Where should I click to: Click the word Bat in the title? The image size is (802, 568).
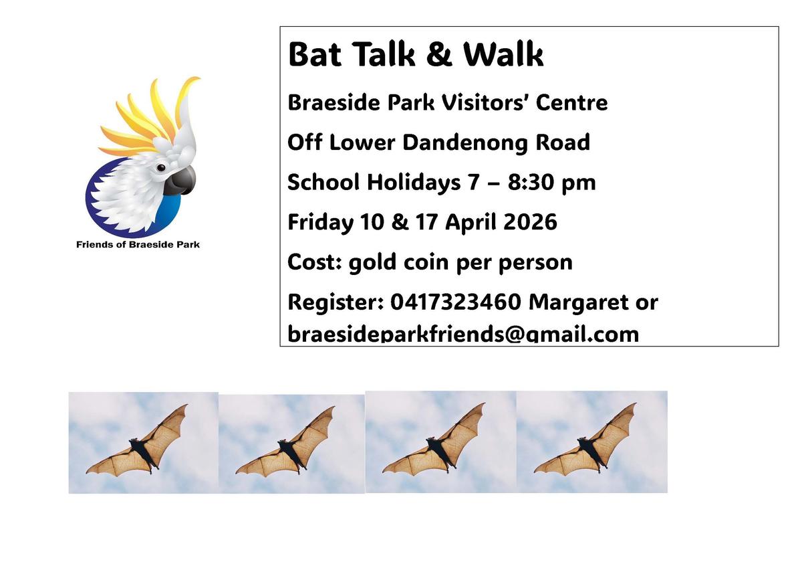(315, 54)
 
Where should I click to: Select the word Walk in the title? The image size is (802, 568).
(503, 54)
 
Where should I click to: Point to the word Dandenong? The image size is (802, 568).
(465, 143)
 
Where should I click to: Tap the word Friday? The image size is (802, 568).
(320, 223)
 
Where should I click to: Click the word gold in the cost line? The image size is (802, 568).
(372, 263)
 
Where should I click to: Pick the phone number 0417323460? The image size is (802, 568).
(455, 302)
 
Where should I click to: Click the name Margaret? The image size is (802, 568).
(577, 303)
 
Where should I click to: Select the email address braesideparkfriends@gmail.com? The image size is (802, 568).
(463, 335)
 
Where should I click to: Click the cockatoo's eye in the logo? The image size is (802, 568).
(161, 168)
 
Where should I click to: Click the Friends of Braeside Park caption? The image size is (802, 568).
(138, 245)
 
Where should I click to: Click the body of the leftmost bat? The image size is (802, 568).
(143, 454)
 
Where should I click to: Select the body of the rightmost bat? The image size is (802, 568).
(591, 453)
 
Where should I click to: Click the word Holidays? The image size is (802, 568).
(414, 183)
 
